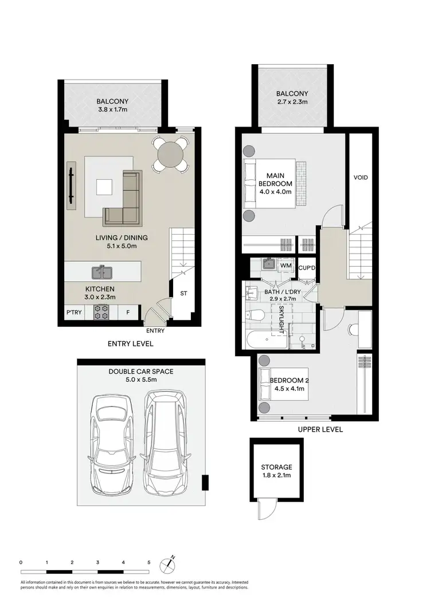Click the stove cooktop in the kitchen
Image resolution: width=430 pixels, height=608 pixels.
(102, 312)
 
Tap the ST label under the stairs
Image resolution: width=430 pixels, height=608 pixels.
(183, 294)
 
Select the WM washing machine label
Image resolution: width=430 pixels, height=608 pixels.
(286, 266)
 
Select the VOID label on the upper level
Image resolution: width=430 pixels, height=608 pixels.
(361, 177)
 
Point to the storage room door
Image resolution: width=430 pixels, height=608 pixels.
(264, 507)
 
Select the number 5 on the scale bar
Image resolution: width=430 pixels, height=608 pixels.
(149, 562)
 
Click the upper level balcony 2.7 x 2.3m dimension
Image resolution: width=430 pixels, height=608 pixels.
(292, 102)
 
